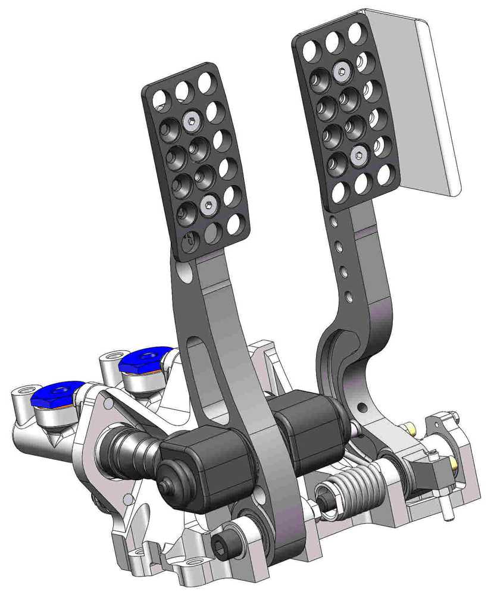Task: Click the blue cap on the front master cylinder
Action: pyautogui.click(x=55, y=393)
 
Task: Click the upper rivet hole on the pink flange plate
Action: pyautogui.click(x=108, y=404)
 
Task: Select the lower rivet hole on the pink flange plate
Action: pyautogui.click(x=128, y=498)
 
